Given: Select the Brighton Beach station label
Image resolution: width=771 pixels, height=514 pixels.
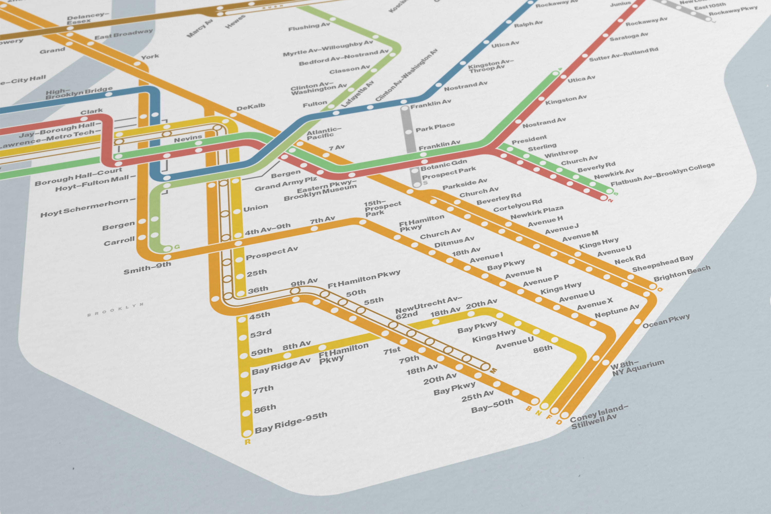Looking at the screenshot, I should point(682,273).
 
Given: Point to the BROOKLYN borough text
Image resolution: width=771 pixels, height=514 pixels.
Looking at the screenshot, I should point(115,309).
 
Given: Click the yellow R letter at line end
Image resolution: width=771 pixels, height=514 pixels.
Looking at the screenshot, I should point(247,442).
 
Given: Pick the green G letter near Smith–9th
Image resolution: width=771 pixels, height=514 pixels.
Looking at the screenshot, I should point(177,246).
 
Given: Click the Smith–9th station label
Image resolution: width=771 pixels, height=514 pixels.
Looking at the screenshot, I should point(147,268).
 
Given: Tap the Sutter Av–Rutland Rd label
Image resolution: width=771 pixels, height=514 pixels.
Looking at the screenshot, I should point(623,54).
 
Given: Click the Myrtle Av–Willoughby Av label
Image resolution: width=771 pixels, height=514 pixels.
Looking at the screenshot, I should point(328,48).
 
